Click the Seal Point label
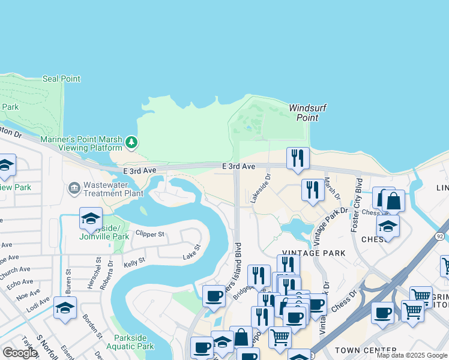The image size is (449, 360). click(x=62, y=79)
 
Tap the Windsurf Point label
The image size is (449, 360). click(x=307, y=113)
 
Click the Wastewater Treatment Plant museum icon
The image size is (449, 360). click(x=75, y=188)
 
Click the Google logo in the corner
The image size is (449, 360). click(x=20, y=353)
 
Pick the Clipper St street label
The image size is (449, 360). click(x=150, y=233)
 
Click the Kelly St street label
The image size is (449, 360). click(x=134, y=262)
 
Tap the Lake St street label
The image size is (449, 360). click(x=191, y=257)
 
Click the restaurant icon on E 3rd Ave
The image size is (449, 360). click(x=298, y=158)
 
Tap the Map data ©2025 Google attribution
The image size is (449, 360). click(x=412, y=355)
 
